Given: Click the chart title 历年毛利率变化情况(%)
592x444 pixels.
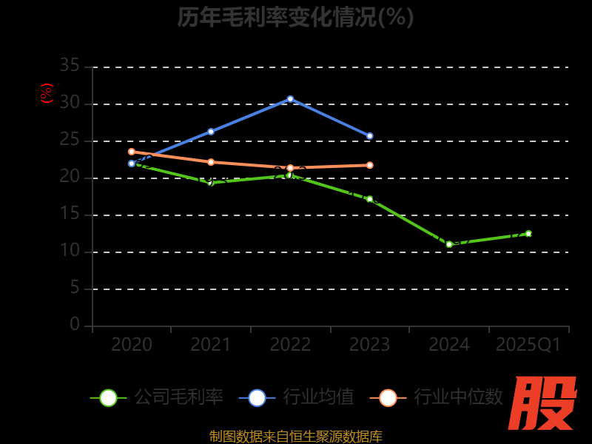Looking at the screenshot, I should (295, 17).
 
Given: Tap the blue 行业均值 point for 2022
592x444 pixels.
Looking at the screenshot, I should (290, 98).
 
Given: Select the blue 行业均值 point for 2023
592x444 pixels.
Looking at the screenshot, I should (369, 136).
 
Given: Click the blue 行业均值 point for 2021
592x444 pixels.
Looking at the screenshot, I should (211, 132).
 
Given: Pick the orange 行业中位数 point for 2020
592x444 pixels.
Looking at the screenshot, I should (132, 152).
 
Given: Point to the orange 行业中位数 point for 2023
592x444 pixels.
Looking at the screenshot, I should (369, 165).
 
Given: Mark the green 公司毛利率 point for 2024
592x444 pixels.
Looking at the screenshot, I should (449, 244).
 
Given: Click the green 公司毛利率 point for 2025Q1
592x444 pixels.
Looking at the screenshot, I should (528, 234).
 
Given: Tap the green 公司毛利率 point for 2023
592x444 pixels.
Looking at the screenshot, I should (369, 199).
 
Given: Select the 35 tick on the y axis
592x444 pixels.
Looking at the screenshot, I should (70, 67).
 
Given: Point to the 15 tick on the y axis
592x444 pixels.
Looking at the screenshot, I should (70, 215).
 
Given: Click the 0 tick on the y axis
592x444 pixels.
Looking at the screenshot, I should (75, 325).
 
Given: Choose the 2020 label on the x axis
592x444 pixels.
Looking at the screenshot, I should (132, 345).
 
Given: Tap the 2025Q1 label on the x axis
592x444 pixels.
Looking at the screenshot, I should (528, 345).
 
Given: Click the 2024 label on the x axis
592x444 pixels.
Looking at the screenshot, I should (449, 345).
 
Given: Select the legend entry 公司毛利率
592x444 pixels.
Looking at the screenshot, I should (157, 397).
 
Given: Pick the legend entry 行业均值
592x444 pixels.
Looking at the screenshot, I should (297, 397).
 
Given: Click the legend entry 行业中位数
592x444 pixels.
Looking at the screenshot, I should (437, 397).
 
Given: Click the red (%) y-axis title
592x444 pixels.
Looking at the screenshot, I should (47, 93).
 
